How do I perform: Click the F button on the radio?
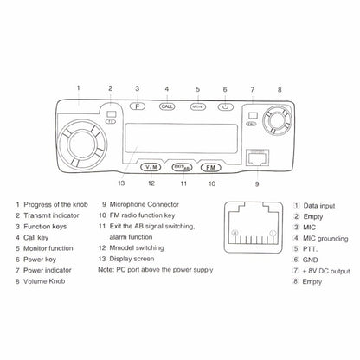coord(137,107)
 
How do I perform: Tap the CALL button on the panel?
coord(167,107)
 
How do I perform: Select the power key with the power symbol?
coord(225,107)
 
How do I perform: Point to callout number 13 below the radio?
coord(120,183)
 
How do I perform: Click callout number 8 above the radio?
coord(279,89)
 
